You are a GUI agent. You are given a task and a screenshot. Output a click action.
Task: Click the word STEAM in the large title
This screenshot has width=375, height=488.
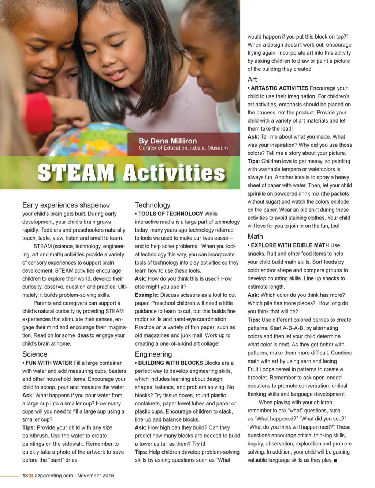point(76,172)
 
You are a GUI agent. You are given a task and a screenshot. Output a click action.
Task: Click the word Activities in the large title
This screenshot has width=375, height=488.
point(174,172)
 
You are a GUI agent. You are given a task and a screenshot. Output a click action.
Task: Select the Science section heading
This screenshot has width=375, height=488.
point(35,354)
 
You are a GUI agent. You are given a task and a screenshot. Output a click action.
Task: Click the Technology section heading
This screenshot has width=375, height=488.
point(152,205)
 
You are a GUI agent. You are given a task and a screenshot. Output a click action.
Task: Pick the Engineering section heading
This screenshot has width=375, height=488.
point(153,354)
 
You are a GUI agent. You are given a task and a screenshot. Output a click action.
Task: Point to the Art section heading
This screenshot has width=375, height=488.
point(252,80)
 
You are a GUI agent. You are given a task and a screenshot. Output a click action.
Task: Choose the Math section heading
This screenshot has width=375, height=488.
point(255,237)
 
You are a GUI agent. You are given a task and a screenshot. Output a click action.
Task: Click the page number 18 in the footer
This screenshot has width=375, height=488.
point(25,476)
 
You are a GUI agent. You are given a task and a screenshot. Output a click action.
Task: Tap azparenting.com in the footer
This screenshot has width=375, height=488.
point(54,476)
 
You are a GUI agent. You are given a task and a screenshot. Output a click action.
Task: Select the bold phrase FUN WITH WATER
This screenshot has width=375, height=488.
point(49,363)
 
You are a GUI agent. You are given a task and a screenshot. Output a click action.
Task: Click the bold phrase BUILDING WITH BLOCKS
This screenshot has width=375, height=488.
point(170,363)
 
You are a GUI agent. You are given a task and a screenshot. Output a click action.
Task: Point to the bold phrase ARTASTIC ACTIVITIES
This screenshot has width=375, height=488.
point(279,88)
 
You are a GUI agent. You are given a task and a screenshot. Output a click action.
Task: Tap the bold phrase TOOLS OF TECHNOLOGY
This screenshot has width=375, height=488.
point(170,214)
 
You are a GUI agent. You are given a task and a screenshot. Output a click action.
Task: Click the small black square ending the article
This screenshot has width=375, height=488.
point(335,460)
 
